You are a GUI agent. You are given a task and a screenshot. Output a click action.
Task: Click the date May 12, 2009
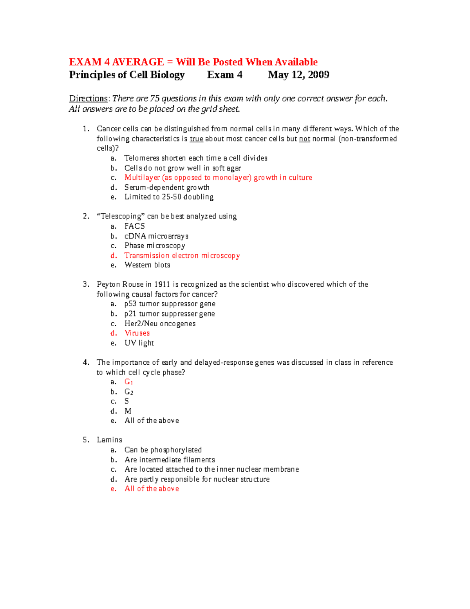[298, 75]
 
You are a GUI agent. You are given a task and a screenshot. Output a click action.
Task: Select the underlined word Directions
[88, 98]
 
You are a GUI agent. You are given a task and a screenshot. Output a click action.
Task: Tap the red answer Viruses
[137, 333]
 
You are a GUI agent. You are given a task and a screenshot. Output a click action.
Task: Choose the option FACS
[135, 226]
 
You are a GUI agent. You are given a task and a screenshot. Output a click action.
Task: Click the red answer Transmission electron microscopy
[182, 256]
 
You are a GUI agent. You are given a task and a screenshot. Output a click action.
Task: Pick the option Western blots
[147, 265]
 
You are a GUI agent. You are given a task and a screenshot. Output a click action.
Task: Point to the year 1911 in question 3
[162, 284]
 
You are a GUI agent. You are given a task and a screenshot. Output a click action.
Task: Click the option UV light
[139, 343]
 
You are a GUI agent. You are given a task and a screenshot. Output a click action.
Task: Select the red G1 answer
[129, 382]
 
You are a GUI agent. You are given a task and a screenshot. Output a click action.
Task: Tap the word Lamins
[110, 440]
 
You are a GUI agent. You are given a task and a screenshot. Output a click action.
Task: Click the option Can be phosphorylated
[163, 450]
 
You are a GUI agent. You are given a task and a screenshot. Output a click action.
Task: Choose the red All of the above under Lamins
[152, 489]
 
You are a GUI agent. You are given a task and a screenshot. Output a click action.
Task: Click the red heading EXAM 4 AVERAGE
[116, 62]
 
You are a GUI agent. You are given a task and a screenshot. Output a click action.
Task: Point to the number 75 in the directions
[154, 98]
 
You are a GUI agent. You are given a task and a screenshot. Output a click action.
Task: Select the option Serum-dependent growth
[167, 187]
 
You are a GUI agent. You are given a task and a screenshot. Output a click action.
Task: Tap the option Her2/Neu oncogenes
[160, 324]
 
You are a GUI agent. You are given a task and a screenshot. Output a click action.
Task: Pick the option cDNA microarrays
[156, 236]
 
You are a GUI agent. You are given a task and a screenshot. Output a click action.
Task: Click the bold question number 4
[86, 362]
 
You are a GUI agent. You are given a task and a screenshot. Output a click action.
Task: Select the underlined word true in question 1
[196, 139]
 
